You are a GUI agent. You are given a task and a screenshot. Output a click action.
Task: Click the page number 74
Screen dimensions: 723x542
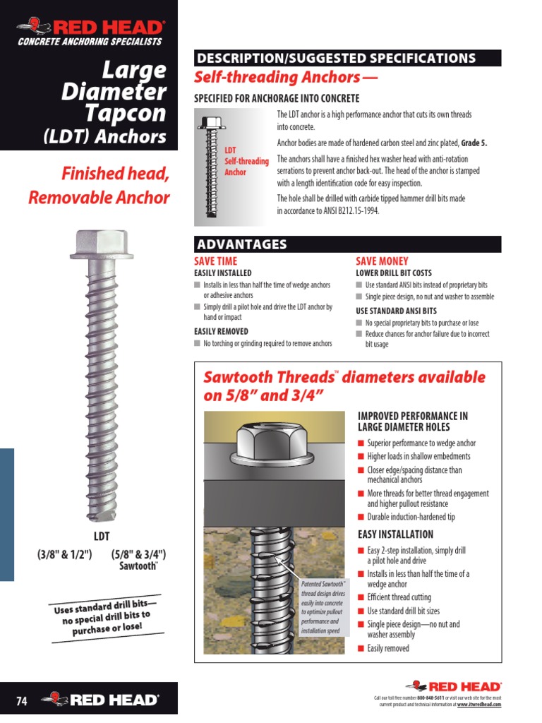pos(21,701)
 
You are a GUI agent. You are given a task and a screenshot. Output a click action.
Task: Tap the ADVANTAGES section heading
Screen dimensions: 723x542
pos(242,245)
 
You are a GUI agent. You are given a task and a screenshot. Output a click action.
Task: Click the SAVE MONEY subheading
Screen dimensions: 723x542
pos(382,261)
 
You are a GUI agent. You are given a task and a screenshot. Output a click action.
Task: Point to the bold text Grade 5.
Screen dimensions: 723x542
pos(474,143)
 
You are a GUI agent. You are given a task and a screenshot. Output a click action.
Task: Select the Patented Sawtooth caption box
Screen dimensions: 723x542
pos(324,607)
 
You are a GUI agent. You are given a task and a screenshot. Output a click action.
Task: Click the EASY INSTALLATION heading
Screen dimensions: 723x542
pos(395,534)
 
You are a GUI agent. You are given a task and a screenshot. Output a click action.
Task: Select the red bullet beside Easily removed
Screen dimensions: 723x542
pos(361,648)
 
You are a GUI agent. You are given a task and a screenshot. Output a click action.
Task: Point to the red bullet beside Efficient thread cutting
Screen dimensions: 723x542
pos(361,597)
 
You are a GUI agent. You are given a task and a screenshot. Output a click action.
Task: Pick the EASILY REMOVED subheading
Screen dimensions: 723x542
pos(221,331)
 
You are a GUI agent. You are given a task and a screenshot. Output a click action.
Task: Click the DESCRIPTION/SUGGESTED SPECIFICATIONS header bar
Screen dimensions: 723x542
pos(347,59)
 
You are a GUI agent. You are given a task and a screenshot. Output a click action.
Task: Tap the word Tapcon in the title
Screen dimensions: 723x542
pos(126,114)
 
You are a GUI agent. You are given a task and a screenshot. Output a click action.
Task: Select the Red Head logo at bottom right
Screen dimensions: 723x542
pos(454,686)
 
